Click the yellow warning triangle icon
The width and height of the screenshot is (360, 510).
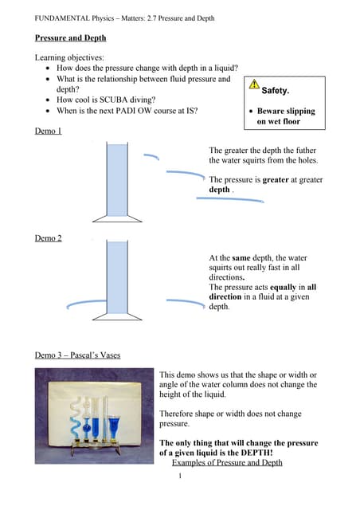click(x=254, y=84)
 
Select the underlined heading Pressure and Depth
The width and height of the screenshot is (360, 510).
click(x=70, y=37)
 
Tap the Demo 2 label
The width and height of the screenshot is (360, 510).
click(x=49, y=238)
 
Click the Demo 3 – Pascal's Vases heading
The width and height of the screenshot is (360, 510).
click(x=78, y=355)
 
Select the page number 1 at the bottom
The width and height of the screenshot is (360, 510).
click(x=181, y=477)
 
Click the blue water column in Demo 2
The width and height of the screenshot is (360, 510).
click(x=117, y=275)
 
